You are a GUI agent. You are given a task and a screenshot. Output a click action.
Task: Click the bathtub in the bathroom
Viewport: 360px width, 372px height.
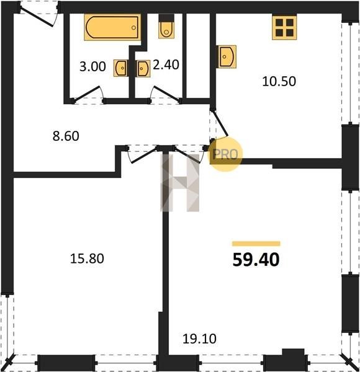[112, 27]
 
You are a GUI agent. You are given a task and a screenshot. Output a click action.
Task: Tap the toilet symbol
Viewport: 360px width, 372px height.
[166, 26]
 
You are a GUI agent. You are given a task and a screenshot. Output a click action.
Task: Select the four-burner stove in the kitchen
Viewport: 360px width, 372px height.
[284, 27]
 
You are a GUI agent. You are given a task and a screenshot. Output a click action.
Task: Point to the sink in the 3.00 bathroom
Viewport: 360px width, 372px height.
[121, 68]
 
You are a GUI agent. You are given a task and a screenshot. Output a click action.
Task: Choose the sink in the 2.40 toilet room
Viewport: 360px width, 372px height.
[143, 69]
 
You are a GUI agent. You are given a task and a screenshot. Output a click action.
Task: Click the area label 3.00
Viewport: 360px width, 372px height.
[92, 67]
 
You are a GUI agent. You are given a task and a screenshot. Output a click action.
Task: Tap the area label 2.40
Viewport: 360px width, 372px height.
[166, 64]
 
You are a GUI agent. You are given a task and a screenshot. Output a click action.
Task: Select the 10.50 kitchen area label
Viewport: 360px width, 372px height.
[279, 81]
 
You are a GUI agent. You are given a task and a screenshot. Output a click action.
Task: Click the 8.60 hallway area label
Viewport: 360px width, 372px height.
[66, 136]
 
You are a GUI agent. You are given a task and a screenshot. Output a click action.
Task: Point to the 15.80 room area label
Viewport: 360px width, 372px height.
[87, 259]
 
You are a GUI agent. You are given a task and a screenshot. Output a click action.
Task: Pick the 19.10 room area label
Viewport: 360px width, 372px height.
[199, 339]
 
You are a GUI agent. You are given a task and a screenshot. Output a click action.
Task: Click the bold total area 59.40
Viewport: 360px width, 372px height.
[256, 260]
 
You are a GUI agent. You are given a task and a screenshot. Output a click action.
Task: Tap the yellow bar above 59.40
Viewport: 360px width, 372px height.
[256, 244]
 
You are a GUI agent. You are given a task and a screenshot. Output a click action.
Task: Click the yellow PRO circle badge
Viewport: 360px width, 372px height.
[225, 154]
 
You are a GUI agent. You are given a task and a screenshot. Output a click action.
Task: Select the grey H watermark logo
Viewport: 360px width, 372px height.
[180, 183]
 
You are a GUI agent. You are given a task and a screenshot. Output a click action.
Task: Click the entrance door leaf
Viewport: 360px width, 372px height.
[37, 17]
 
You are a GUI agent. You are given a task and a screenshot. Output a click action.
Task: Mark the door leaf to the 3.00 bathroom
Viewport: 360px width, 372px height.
[86, 93]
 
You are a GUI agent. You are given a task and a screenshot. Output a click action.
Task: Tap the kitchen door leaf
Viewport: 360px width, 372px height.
[220, 123]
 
